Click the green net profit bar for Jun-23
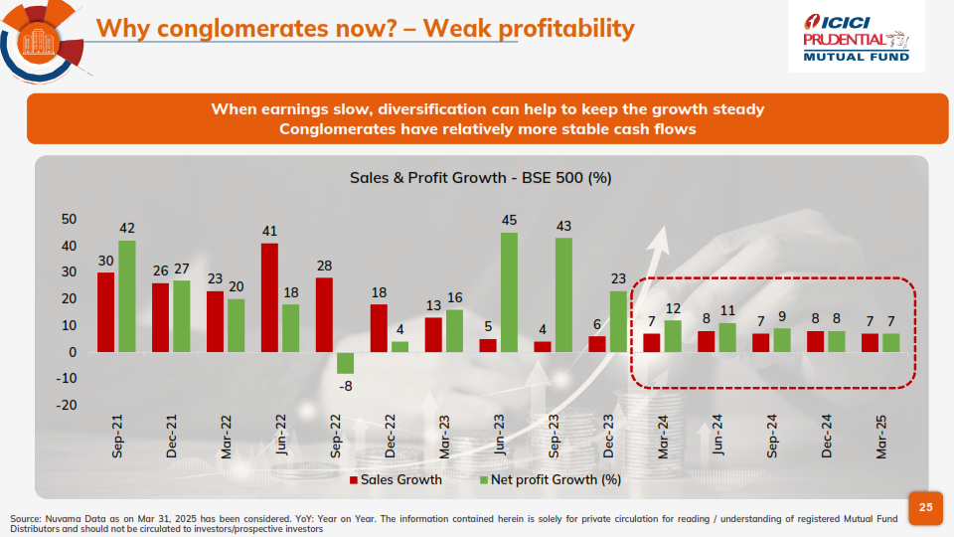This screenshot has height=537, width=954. click(x=509, y=292)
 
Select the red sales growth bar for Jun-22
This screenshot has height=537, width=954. click(x=269, y=297)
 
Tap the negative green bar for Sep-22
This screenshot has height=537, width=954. click(x=345, y=363)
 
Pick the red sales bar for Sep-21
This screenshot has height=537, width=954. click(x=105, y=312)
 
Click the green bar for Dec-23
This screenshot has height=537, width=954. click(x=618, y=321)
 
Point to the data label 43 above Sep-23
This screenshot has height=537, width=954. click(x=563, y=227)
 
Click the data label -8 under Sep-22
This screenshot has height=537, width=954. click(x=345, y=385)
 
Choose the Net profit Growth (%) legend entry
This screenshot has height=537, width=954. click(x=552, y=479)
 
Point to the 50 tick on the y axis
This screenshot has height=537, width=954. click(x=69, y=219)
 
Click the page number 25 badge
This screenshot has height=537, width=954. click(x=925, y=507)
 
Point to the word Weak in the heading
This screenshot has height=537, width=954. click(x=459, y=28)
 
